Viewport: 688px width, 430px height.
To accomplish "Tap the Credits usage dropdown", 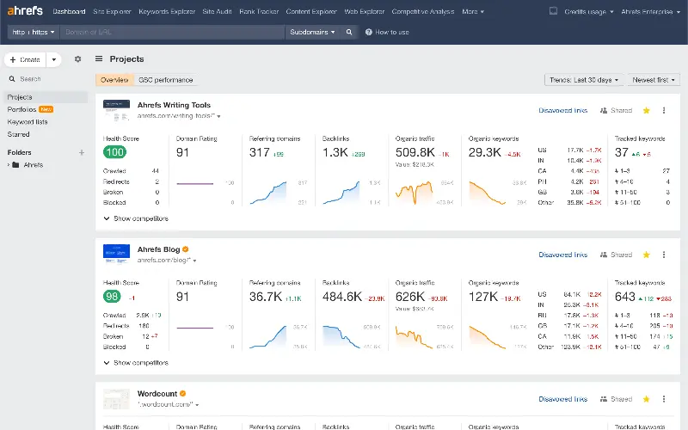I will (591, 12).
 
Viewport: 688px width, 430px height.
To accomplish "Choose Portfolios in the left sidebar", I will (21, 109).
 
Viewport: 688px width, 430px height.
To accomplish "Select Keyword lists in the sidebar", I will (28, 122).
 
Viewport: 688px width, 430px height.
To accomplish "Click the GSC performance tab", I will (166, 80).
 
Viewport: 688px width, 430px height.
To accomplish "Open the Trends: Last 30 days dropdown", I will (583, 80).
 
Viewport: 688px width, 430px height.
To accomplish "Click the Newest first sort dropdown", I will (654, 80).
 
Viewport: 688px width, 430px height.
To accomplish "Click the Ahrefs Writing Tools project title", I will (174, 105).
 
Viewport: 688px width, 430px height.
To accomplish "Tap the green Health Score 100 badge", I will (114, 152).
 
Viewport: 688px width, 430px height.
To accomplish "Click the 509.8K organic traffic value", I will (415, 152).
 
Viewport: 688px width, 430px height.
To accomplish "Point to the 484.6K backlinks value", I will (341, 297).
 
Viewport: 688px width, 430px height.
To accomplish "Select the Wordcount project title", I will (157, 394).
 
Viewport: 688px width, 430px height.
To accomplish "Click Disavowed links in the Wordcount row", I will (562, 399).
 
